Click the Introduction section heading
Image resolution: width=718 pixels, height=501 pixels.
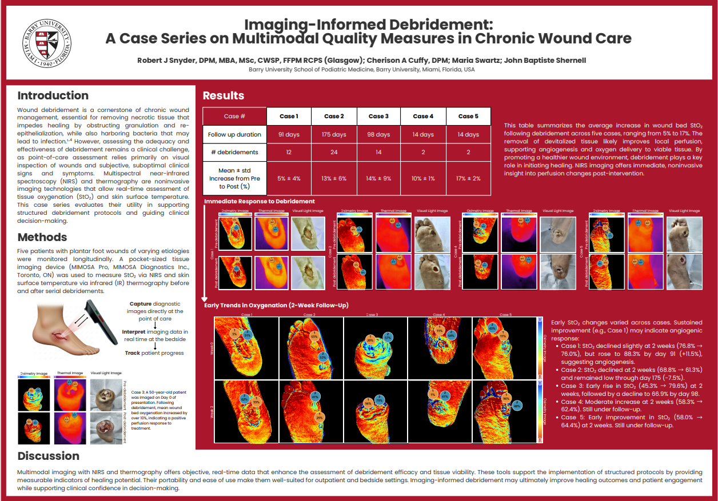coord(53,95)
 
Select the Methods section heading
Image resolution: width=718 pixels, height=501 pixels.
coord(42,237)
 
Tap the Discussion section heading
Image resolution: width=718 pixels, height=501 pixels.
coord(48,456)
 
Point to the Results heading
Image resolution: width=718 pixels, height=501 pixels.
coord(223,95)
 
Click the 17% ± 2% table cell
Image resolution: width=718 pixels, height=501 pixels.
coord(468,178)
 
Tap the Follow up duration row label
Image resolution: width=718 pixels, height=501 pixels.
coord(234,135)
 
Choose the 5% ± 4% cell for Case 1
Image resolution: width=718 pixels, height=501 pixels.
coord(289,178)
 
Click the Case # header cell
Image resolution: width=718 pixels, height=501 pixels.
coord(234,116)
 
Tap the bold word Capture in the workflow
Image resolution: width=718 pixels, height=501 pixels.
coord(141,303)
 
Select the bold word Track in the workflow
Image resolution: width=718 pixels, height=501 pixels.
coord(134,353)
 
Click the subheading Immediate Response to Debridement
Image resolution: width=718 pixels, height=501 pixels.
coord(259,201)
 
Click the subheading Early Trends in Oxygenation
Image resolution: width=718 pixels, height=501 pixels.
coord(276,306)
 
